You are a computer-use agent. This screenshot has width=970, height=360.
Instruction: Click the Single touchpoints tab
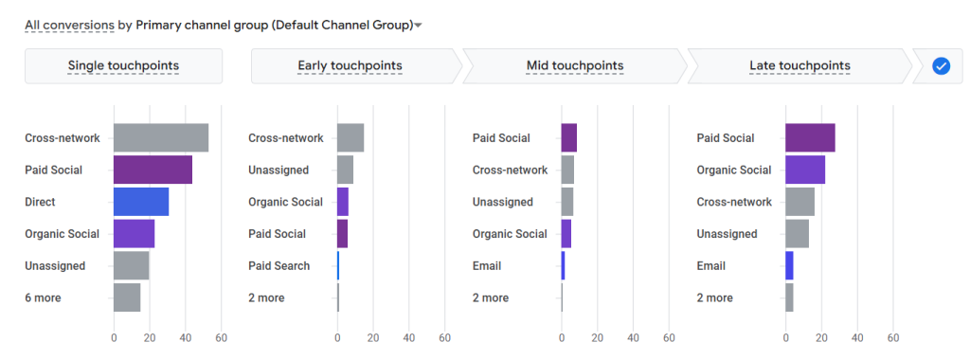click(123, 65)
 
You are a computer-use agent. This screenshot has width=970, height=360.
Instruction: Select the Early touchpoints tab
click(350, 65)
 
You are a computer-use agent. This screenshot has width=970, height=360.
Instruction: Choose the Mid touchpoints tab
click(574, 65)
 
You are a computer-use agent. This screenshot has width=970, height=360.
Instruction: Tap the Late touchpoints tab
click(799, 65)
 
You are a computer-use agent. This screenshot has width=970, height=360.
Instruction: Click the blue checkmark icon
click(941, 65)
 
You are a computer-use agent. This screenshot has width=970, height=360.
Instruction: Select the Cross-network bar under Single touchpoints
click(161, 137)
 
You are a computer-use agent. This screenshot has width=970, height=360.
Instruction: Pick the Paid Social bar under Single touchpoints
click(153, 170)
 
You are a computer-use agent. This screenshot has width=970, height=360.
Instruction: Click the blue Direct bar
click(141, 202)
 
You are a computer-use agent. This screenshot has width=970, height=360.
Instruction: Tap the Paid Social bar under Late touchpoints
click(810, 137)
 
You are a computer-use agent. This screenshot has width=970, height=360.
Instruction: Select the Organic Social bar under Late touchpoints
click(805, 170)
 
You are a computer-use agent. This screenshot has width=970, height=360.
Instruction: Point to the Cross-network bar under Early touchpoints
click(350, 137)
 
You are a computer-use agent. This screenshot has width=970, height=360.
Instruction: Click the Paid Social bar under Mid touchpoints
click(568, 137)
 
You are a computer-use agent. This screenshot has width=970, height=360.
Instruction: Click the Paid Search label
click(278, 266)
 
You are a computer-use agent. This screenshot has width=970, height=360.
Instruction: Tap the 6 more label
click(43, 298)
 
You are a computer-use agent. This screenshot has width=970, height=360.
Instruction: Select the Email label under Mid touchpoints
click(487, 266)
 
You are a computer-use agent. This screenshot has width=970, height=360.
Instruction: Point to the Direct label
click(40, 202)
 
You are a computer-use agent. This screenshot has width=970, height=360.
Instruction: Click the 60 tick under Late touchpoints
click(892, 337)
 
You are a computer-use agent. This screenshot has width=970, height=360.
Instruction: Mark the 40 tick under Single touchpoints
click(186, 337)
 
